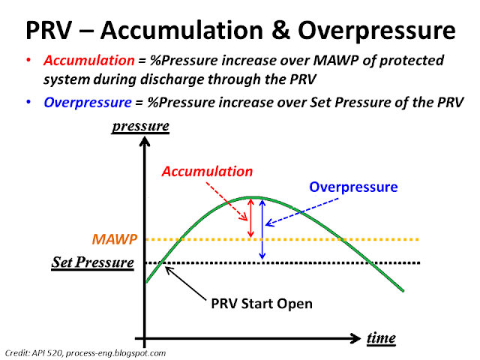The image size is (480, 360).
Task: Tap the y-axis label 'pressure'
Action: coord(139,126)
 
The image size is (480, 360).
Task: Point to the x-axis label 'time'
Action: coord(381,338)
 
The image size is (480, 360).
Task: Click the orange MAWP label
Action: coord(114,239)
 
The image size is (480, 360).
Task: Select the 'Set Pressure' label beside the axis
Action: coord(92,262)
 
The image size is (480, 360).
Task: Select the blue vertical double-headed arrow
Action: coord(262,229)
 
